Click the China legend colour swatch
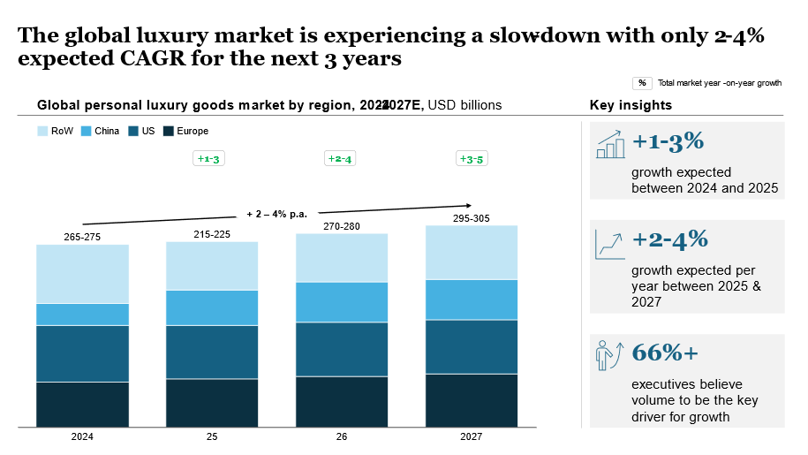pos(87,131)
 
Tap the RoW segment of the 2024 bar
pos(82,274)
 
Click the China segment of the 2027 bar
pos(472,300)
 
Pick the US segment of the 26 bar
pos(342,349)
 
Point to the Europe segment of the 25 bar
pos(212,403)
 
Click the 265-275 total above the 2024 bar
pos(82,237)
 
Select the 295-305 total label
pos(472,217)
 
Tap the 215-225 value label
pos(212,234)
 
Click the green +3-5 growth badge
pos(471,159)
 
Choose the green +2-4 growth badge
pos(341,159)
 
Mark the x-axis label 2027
pos(472,436)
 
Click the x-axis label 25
pos(212,436)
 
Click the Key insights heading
pos(631,105)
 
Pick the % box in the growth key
pos(642,83)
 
